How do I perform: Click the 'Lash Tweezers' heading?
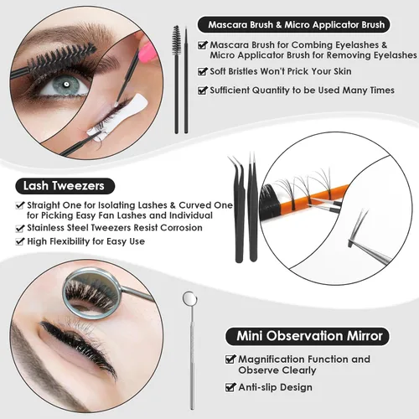(x=64, y=186)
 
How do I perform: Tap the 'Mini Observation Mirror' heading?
(x=309, y=335)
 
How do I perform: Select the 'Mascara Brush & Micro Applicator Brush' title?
(x=297, y=24)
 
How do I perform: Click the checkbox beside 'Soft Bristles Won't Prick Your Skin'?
(x=202, y=71)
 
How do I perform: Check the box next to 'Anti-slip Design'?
(x=230, y=387)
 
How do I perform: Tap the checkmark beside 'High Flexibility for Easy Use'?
(x=19, y=241)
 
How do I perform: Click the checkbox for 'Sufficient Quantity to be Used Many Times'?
(x=202, y=91)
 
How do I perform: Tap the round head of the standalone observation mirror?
(x=189, y=298)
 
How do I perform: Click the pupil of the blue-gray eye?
(x=66, y=84)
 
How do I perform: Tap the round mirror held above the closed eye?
(x=92, y=293)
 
